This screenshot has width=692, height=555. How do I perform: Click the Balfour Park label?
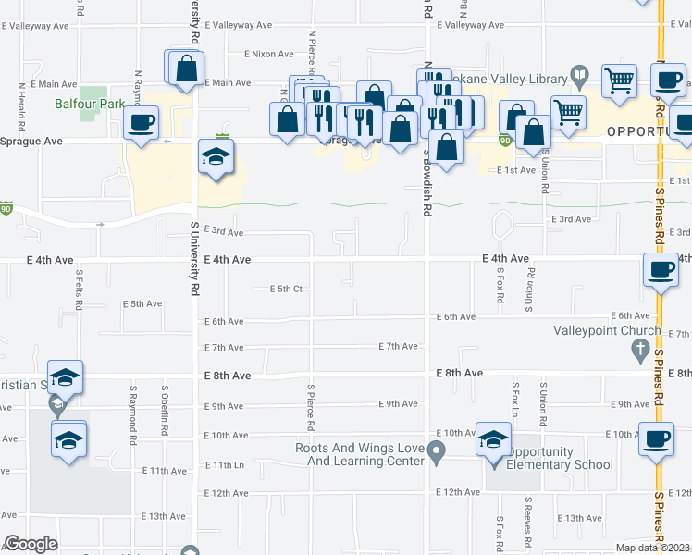tap(102, 105)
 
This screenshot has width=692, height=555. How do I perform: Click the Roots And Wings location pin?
tap(439, 451)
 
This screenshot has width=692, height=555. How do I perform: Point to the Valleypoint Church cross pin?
tap(638, 350)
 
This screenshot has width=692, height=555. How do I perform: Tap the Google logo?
tap(31, 544)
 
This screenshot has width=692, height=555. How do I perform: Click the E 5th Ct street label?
tap(286, 289)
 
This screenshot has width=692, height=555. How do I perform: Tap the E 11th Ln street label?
tap(225, 465)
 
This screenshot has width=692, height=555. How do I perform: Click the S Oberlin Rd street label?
tap(164, 412)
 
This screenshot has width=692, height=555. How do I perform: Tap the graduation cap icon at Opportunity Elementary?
tap(493, 438)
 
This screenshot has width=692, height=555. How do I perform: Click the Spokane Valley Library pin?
tap(580, 73)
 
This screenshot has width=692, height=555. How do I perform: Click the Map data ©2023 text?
tap(651, 548)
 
